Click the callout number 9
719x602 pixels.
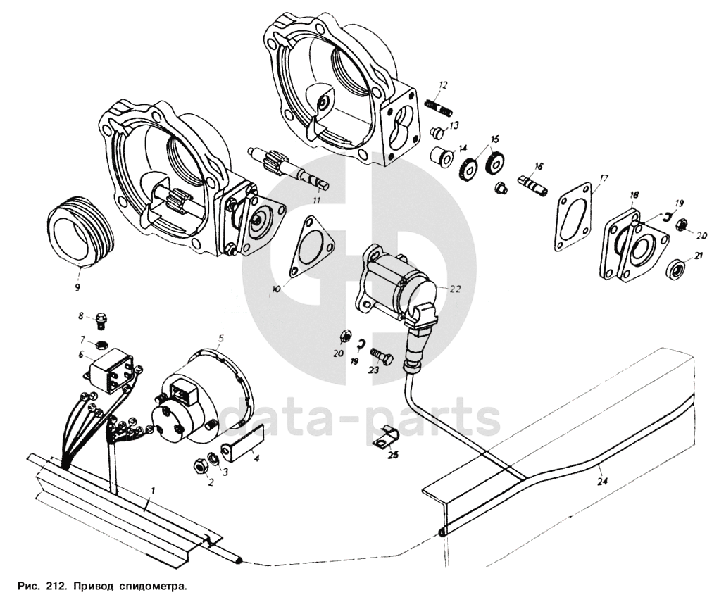78,287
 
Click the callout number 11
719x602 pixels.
316,201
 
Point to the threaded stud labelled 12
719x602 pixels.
437,107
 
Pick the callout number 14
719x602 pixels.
463,148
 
